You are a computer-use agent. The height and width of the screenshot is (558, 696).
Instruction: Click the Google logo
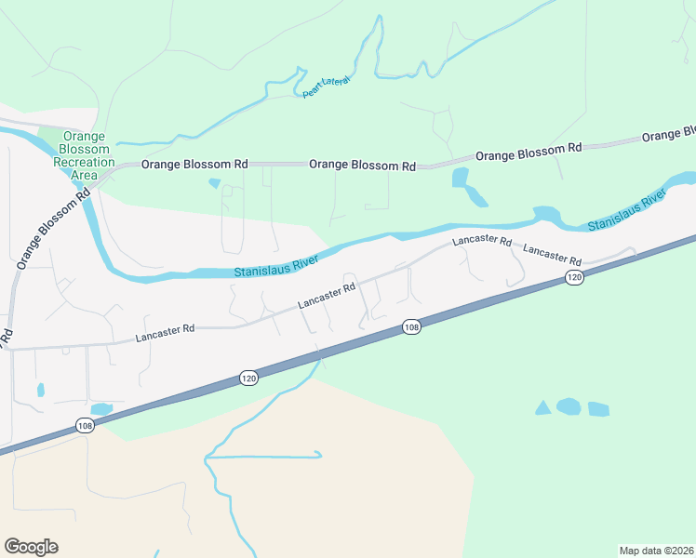point(31,547)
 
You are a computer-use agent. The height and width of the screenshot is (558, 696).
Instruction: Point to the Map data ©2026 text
point(656,550)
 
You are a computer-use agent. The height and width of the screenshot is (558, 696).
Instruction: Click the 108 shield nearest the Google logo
point(84,424)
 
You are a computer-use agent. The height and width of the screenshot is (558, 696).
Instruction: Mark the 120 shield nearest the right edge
point(574,278)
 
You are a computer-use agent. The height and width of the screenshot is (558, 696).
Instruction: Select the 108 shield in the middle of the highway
point(412,327)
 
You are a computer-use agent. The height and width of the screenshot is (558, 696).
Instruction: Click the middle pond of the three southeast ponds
point(569,406)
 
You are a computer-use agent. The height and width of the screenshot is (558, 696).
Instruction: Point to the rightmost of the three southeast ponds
point(598,409)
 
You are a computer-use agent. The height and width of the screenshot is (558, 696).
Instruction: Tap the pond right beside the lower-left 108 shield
point(101,409)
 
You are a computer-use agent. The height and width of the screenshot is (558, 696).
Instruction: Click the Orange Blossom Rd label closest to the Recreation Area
point(194,165)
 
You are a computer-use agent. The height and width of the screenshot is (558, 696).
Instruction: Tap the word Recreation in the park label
point(84,162)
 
